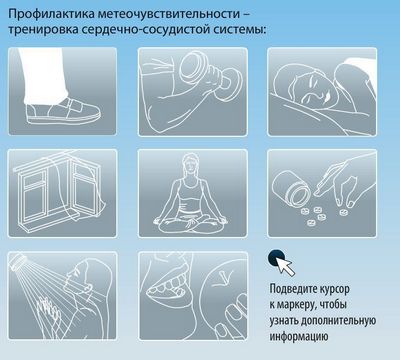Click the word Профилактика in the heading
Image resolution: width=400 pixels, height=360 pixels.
[x=52, y=14]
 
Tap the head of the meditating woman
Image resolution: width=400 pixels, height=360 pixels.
[x=191, y=164]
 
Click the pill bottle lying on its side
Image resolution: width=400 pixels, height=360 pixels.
[x=292, y=188]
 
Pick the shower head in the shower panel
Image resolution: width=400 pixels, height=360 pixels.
[x=19, y=260]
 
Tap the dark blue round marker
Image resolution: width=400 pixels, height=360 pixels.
[x=276, y=258]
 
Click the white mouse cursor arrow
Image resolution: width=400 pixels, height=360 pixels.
[x=285, y=266]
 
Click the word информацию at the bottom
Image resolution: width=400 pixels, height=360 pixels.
[x=299, y=336]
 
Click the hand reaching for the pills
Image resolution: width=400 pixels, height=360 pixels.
[x=344, y=180]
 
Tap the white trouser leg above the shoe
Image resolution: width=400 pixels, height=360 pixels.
[x=44, y=75]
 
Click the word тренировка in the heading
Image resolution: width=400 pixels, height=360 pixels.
[x=43, y=29]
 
